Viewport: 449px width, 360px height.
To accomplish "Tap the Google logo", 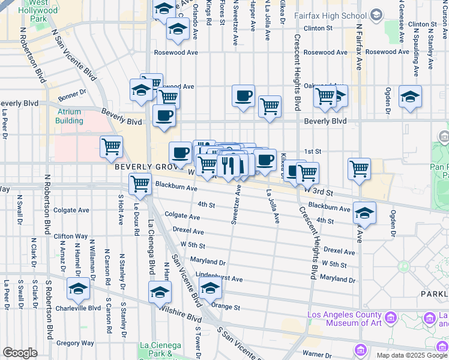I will [20, 353].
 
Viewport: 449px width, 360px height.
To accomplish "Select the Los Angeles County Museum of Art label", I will [344, 319].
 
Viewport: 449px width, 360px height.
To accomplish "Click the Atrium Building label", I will [70, 116].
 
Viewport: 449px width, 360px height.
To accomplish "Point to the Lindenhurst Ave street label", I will [219, 277].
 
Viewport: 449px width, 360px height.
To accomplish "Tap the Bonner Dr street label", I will [73, 95].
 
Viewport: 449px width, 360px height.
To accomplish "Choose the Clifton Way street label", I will [71, 236].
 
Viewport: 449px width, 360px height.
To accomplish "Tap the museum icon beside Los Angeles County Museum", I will [391, 317].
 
